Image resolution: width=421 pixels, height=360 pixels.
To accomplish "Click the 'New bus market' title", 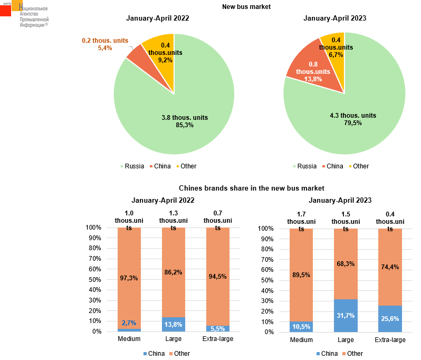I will click(x=246, y=7).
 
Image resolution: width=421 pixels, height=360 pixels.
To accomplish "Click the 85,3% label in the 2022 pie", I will click(x=185, y=125).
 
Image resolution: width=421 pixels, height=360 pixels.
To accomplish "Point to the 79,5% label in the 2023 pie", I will click(x=353, y=123).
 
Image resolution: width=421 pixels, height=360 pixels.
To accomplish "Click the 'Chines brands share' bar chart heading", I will click(x=251, y=188).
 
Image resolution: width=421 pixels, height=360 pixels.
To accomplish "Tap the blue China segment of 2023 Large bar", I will click(x=346, y=316).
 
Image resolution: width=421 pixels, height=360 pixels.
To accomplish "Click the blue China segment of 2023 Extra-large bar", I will click(x=390, y=319).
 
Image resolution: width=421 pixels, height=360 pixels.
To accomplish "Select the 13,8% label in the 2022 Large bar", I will click(x=173, y=324).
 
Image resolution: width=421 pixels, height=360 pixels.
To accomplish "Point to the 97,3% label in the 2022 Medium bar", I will click(x=129, y=278).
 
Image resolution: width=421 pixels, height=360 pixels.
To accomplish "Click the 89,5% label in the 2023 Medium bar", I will click(x=301, y=274).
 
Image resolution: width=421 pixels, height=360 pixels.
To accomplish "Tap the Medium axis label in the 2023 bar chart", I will click(x=301, y=339).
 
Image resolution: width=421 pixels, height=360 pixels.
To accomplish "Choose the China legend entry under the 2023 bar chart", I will click(x=326, y=353).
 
